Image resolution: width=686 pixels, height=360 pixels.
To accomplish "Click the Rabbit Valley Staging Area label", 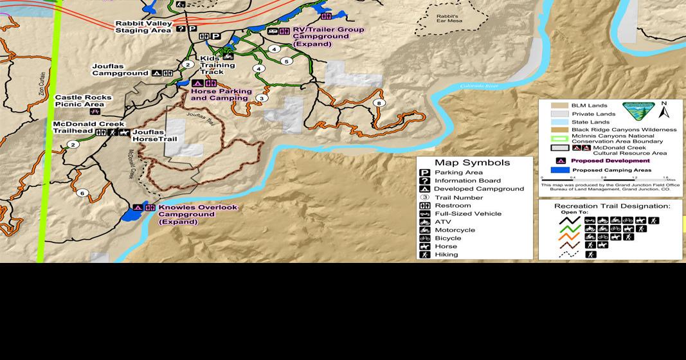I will coord(143,27).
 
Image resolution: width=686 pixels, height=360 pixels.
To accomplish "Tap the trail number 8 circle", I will coord(379,103).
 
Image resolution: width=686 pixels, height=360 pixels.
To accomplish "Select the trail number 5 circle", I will coord(286,61).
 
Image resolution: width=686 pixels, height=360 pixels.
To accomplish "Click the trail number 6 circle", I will coord(82,193).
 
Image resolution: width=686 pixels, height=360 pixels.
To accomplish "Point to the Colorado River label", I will coord(479,85).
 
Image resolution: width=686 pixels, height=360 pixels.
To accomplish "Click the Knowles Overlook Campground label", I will coord(197,214).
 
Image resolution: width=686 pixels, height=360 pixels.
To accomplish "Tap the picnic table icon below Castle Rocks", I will coord(95,111).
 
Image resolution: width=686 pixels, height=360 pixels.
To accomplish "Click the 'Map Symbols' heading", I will coord(472,163).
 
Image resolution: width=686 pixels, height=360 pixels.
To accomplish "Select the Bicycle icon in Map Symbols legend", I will coord(424,239).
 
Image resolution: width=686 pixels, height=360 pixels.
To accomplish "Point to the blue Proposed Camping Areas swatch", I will coord(559,170).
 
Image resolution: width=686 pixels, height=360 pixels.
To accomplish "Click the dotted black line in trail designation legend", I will coord(569,255).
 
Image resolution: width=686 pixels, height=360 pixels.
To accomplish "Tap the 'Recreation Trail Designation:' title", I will coord(611,206).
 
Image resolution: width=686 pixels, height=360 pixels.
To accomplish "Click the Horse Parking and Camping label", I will coord(219,94).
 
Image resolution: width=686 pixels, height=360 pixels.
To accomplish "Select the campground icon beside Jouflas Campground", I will coord(156,73).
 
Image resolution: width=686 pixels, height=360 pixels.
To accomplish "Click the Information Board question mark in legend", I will coord(424,181).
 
